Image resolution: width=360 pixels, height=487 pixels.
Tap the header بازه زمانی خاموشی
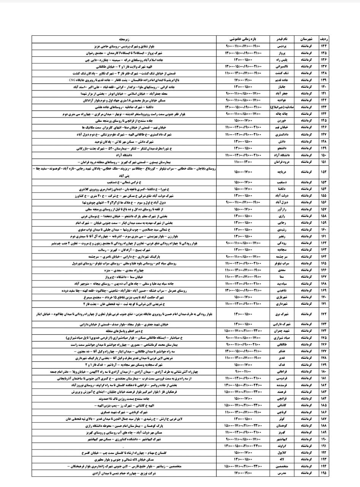tap(243, 39)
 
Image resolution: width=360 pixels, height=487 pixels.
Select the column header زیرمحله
tap(124, 39)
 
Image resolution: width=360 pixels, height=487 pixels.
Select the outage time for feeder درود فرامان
tap(243, 162)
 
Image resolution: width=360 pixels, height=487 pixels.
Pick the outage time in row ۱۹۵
tap(243, 473)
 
